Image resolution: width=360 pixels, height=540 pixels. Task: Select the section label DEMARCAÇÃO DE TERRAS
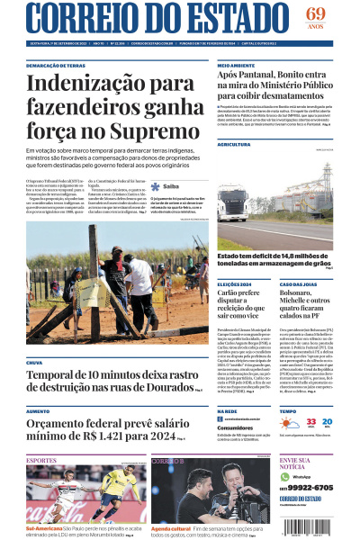[56, 67]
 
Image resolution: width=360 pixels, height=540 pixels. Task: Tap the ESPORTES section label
[41, 460]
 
